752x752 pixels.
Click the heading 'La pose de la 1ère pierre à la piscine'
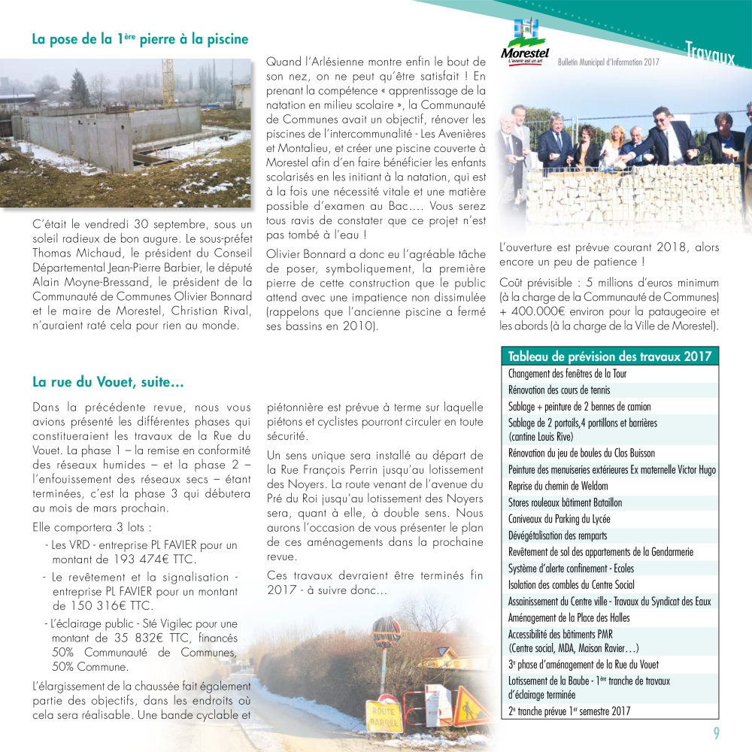tap(140, 39)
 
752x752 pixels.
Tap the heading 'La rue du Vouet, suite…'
tap(108, 383)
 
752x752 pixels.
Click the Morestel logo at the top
tap(524, 44)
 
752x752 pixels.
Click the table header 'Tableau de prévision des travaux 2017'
tap(610, 356)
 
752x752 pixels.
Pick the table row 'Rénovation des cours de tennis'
tap(559, 390)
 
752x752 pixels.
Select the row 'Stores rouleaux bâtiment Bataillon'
tap(565, 502)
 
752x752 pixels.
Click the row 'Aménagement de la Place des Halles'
tap(569, 617)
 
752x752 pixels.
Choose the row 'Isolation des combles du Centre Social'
tap(571, 584)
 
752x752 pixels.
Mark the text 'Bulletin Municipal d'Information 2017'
tap(608, 62)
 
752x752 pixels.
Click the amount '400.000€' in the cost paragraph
tap(540, 311)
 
